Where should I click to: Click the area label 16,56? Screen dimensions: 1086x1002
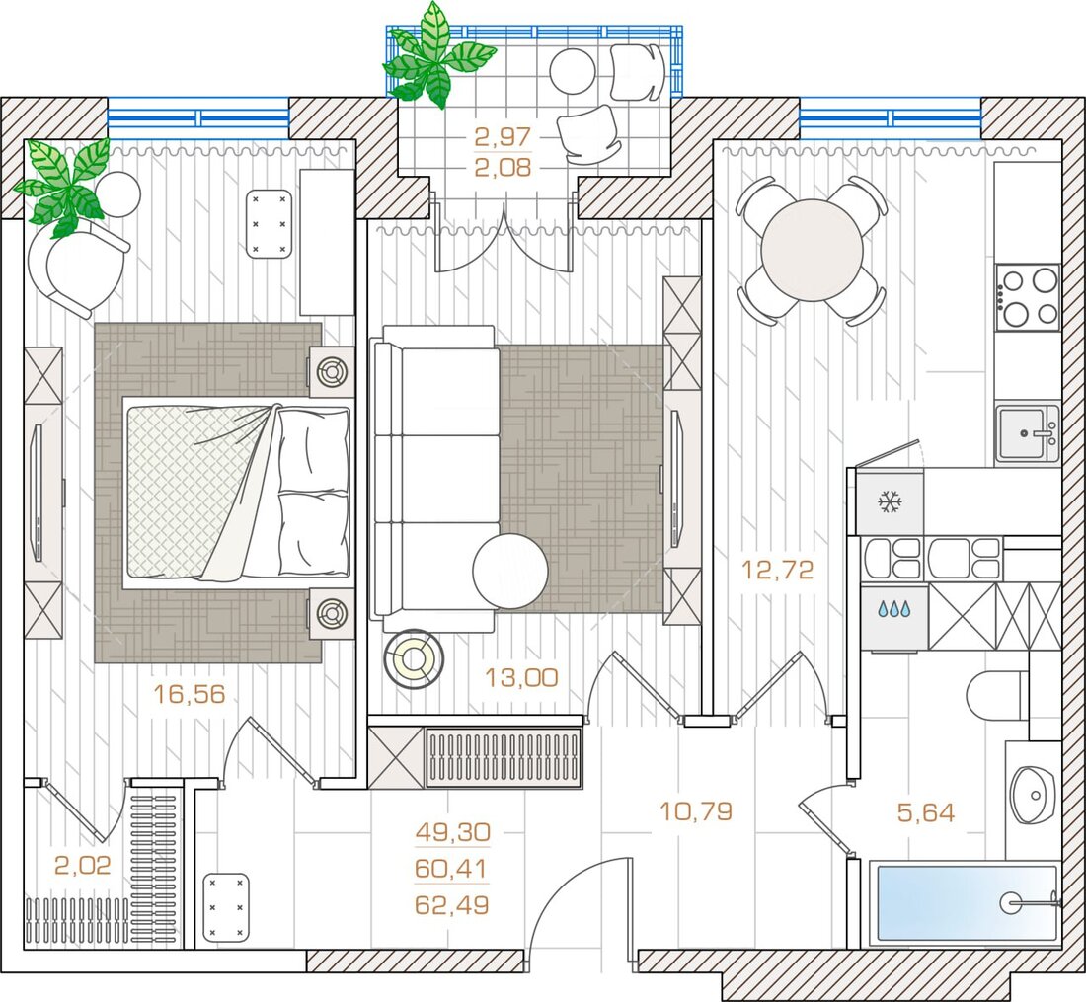click(x=190, y=694)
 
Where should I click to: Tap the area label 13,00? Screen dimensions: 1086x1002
click(x=521, y=677)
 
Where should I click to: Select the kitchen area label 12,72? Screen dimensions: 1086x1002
click(x=777, y=570)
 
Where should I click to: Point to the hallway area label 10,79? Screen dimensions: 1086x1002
click(x=695, y=810)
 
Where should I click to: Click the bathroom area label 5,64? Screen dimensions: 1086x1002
click(x=926, y=812)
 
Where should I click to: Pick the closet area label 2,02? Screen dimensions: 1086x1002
click(x=82, y=865)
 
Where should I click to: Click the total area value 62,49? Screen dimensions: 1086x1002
click(x=452, y=904)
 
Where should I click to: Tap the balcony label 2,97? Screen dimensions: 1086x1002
click(x=503, y=136)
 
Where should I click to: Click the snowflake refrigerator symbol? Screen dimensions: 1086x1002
click(x=890, y=501)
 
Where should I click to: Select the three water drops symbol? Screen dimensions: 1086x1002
click(x=893, y=609)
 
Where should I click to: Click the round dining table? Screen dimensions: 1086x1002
click(x=812, y=250)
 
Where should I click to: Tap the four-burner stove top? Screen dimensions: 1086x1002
click(x=1028, y=298)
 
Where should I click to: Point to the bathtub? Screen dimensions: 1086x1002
click(x=965, y=902)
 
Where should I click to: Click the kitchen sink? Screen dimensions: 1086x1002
click(x=1027, y=433)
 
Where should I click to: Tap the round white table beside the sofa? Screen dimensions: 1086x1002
click(x=510, y=572)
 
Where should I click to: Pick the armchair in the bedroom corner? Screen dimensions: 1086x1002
click(x=77, y=267)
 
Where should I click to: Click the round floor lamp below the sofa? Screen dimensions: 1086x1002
click(x=414, y=658)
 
